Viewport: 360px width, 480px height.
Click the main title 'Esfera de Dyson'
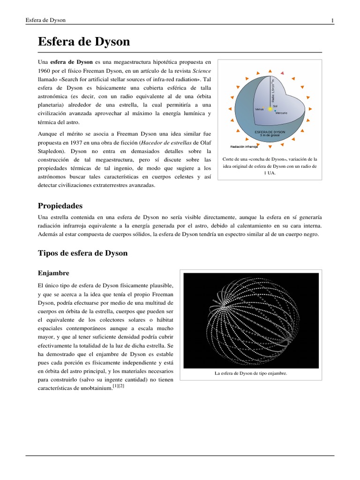83,42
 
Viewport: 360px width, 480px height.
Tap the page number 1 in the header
332,20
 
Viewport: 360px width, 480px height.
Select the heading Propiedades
60,206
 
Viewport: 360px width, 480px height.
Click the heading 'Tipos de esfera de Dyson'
82,253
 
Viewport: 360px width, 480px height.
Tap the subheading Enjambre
53,273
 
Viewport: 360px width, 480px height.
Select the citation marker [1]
115,386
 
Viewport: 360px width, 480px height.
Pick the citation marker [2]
121,386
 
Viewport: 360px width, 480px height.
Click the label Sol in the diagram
276,106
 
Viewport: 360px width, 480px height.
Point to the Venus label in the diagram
259,109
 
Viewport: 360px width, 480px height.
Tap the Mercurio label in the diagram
282,113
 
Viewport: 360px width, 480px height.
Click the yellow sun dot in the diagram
270,109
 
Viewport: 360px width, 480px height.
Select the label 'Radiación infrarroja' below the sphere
244,147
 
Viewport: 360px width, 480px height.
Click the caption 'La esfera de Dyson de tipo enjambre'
250,374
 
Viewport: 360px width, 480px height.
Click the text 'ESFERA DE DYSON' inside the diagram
270,132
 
